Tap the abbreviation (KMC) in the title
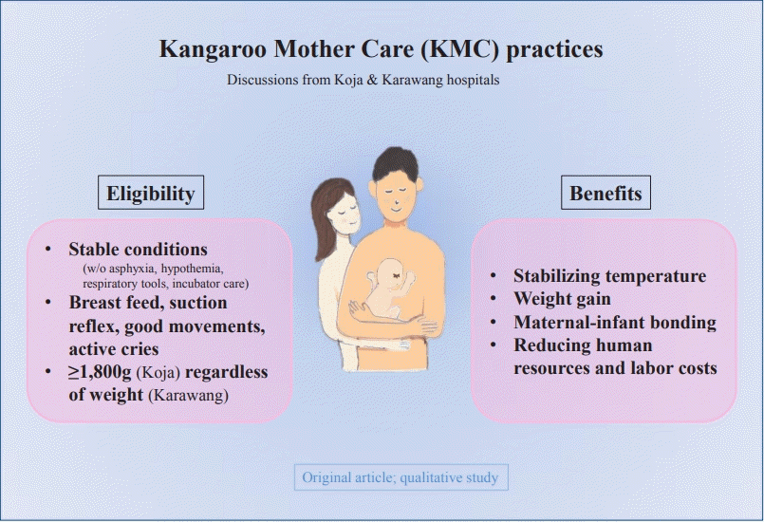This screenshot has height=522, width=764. coord(460,49)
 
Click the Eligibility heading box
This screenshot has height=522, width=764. coord(151,193)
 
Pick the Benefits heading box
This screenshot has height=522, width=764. coord(606,193)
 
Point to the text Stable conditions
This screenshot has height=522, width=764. coord(138,249)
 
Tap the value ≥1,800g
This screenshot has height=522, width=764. coord(100,372)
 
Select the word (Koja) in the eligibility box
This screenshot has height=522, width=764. coord(158,372)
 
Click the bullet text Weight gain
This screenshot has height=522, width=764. coord(562,298)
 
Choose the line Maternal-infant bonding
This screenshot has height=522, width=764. coord(615,322)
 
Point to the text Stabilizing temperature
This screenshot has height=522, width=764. coord(609,276)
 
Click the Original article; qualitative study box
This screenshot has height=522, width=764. coord(401,477)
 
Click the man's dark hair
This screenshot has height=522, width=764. coord(395,163)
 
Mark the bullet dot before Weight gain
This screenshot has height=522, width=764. coord(494,298)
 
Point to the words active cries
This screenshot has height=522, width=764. coord(114,349)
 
